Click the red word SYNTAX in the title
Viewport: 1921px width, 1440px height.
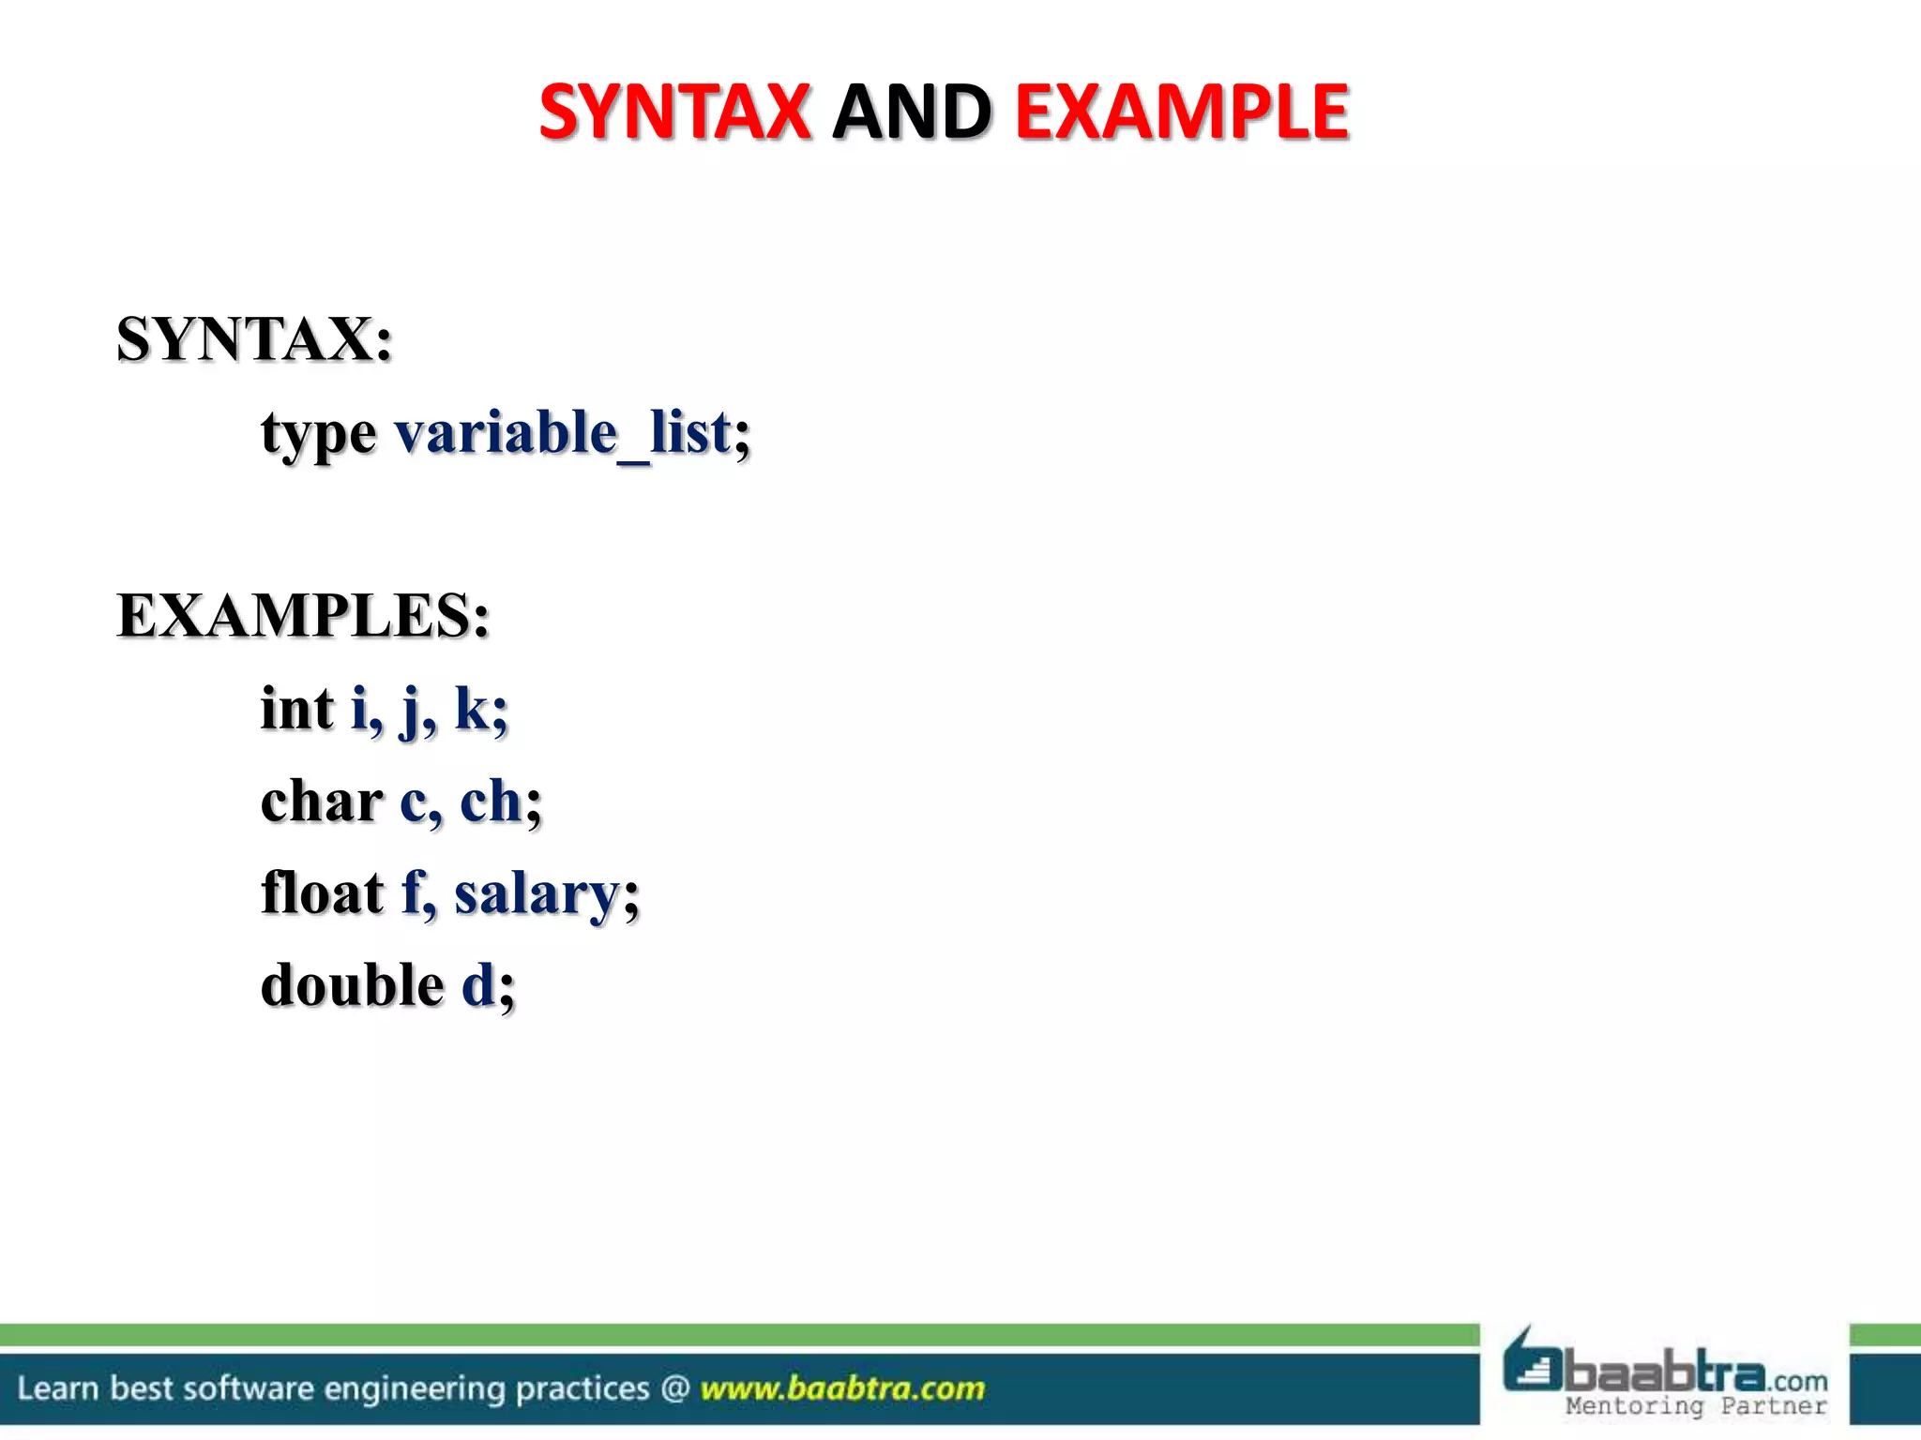click(674, 112)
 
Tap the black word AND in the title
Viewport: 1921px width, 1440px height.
click(912, 112)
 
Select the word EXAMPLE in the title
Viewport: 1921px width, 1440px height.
click(1182, 112)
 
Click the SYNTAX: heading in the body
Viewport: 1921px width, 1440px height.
click(254, 338)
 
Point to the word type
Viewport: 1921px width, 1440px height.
click(319, 435)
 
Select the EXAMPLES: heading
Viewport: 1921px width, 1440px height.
click(303, 616)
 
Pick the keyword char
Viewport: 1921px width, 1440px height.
click(322, 802)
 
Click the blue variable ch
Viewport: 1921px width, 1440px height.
click(491, 802)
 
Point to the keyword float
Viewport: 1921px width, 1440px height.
click(323, 892)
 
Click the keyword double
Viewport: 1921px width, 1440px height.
click(353, 985)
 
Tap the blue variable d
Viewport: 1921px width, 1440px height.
click(478, 985)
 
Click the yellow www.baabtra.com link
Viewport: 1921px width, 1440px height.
click(842, 1388)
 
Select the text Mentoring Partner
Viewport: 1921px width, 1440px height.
click(1696, 1406)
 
